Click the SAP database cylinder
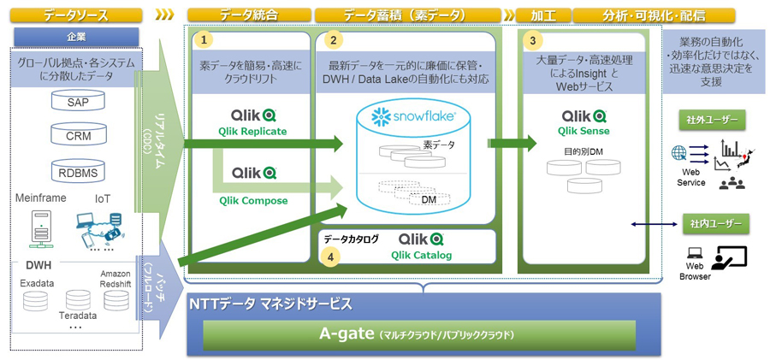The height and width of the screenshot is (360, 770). tap(77, 102)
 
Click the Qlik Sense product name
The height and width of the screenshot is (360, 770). tap(583, 131)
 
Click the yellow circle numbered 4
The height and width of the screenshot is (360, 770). tap(334, 254)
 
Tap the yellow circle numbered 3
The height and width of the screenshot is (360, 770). tap(534, 39)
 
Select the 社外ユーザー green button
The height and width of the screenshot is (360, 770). tap(711, 118)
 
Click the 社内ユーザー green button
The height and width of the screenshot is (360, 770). tap(711, 225)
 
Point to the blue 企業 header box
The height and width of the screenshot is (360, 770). tap(77, 37)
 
